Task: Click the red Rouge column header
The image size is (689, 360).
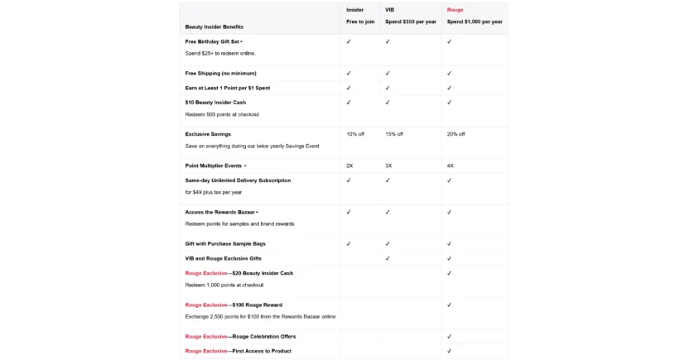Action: [x=455, y=10]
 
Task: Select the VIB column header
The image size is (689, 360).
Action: [x=389, y=10]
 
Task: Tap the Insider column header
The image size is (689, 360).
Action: [x=354, y=10]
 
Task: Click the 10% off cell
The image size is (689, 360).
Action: [x=354, y=134]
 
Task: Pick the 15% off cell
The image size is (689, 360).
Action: [x=394, y=134]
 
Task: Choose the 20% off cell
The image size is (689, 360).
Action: [x=456, y=134]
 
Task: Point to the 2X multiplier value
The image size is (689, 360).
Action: [x=349, y=166]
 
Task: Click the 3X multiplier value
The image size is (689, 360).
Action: [x=388, y=166]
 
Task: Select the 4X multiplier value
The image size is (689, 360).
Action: [x=450, y=166]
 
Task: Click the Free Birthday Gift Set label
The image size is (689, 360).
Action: [x=213, y=41]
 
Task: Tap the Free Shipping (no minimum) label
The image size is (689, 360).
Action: [x=214, y=73]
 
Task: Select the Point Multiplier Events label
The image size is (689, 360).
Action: [x=214, y=166]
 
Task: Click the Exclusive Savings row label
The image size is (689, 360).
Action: [x=208, y=134]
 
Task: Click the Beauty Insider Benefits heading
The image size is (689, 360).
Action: [x=214, y=27]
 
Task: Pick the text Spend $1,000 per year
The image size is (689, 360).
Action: [x=475, y=22]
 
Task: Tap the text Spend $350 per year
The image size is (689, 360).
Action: [x=410, y=22]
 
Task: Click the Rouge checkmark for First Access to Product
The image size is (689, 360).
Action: [x=449, y=351]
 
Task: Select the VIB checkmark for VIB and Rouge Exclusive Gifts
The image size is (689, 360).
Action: [x=387, y=258]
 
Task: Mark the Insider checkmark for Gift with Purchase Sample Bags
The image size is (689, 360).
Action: [x=349, y=244]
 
